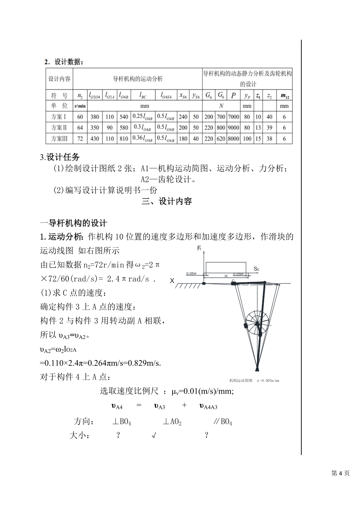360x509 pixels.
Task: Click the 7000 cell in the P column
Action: (233, 117)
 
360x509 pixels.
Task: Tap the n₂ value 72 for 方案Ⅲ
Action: (80, 138)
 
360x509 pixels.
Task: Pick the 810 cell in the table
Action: (124, 138)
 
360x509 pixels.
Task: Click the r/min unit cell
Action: (80, 106)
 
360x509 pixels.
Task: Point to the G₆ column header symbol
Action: (221, 95)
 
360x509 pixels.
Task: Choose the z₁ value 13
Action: (258, 127)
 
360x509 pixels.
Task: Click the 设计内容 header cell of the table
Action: (59, 79)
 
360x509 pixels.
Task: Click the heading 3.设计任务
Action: (60, 157)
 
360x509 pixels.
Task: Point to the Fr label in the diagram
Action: (199, 249)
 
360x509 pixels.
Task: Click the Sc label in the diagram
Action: (256, 269)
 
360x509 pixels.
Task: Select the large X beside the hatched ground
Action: (172, 280)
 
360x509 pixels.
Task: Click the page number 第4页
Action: (340, 473)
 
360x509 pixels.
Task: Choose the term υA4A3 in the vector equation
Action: (208, 406)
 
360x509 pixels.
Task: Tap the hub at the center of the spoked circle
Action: (257, 324)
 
